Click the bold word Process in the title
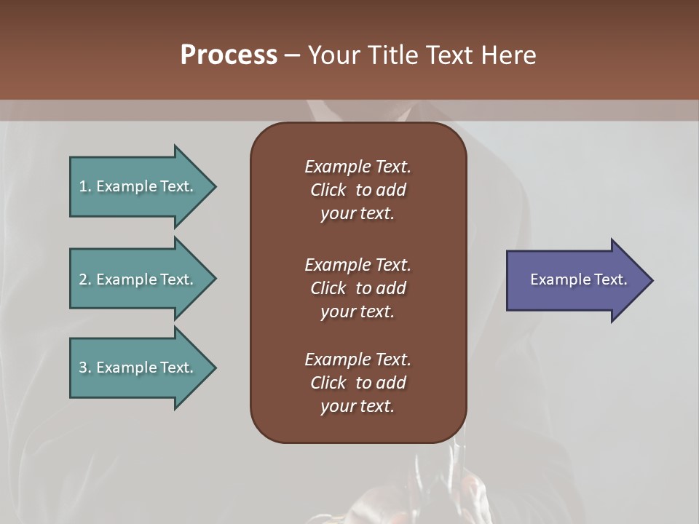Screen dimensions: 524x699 (x=229, y=55)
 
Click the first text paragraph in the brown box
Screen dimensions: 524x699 (x=358, y=190)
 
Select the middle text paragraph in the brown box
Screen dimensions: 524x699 (x=358, y=288)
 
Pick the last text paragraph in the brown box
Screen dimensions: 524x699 (x=358, y=383)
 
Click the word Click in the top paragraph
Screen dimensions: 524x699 (x=328, y=190)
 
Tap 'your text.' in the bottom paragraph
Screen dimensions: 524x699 (x=358, y=406)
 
